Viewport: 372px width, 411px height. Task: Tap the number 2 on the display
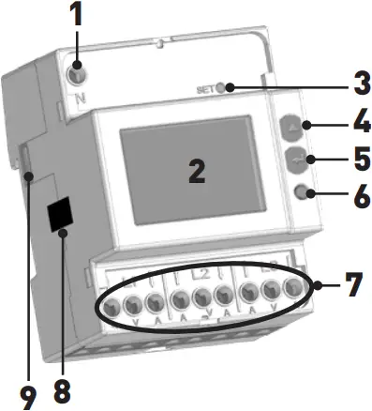(195, 171)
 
